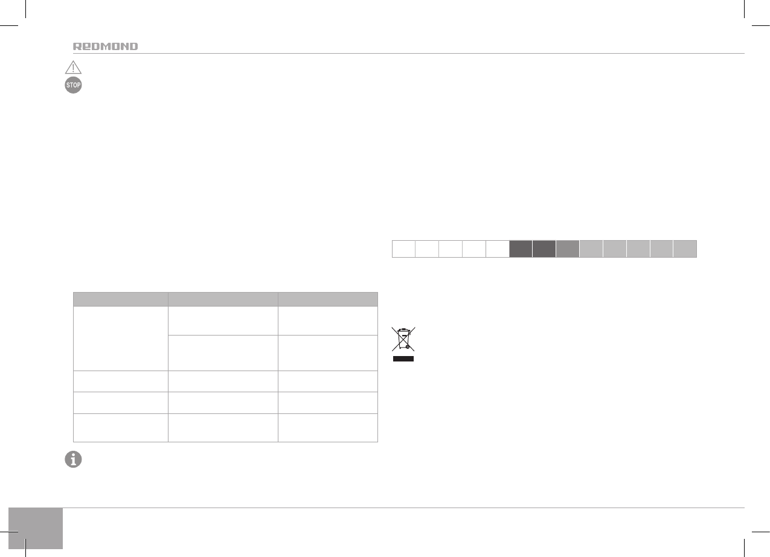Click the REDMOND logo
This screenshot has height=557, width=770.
[105, 46]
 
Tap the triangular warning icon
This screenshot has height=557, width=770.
[73, 68]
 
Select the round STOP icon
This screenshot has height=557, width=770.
[73, 85]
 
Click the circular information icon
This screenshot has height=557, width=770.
[73, 459]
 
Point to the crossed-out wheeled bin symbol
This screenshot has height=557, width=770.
[403, 339]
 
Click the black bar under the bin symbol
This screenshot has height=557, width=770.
[403, 358]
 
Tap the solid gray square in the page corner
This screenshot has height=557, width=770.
[36, 528]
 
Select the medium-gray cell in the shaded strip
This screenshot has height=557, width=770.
[568, 249]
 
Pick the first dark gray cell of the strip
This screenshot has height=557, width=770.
[521, 249]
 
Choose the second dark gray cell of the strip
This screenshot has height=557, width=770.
[544, 249]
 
